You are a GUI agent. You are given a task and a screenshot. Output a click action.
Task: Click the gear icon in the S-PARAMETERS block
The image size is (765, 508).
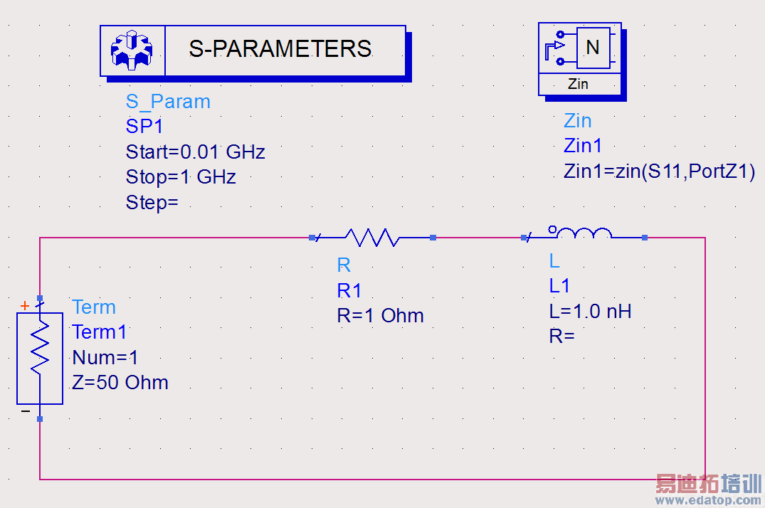click(x=132, y=50)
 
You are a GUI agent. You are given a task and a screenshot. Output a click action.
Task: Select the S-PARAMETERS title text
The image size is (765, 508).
click(x=280, y=49)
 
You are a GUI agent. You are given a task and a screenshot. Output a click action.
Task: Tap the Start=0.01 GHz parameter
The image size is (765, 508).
click(x=195, y=152)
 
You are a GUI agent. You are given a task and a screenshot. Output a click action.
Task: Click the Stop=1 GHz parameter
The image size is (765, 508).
click(x=181, y=177)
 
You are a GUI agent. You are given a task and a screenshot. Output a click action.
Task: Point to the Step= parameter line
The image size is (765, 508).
click(x=152, y=203)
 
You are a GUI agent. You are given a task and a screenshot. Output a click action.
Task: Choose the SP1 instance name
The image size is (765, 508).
click(x=144, y=127)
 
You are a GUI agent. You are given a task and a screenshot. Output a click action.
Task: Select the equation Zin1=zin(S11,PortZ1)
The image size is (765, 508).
click(x=659, y=171)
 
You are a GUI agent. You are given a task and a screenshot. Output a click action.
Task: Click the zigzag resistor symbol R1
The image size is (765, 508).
click(x=372, y=238)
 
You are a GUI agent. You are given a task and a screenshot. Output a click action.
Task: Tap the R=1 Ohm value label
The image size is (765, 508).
click(x=380, y=316)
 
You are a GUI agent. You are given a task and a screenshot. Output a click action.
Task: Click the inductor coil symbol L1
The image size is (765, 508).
click(x=583, y=233)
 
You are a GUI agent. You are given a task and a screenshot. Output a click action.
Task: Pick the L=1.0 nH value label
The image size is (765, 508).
click(x=590, y=311)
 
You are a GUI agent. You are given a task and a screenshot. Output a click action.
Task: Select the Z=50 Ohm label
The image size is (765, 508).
click(x=120, y=383)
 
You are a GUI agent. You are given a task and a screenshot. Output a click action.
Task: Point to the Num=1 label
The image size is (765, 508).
click(x=105, y=357)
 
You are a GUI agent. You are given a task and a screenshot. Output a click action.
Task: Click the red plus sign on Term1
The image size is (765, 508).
click(x=25, y=306)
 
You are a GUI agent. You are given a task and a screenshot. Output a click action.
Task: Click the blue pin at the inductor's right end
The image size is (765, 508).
click(x=644, y=238)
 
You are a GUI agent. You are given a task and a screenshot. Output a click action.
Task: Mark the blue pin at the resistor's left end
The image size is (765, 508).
click(x=312, y=238)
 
